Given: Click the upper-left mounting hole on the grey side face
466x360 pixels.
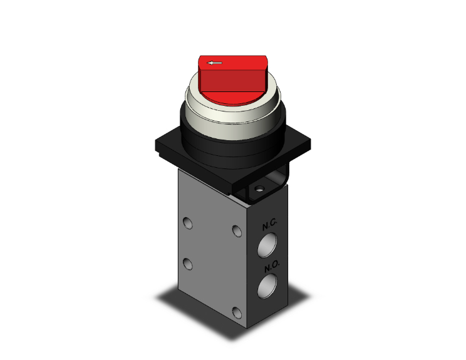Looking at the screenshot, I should pyautogui.click(x=187, y=222).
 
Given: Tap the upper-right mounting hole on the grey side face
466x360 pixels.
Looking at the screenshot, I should pyautogui.click(x=236, y=231).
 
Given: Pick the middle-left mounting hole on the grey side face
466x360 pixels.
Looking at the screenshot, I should pyautogui.click(x=187, y=261).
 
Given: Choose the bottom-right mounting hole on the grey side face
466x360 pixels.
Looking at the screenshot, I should pyautogui.click(x=236, y=312).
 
